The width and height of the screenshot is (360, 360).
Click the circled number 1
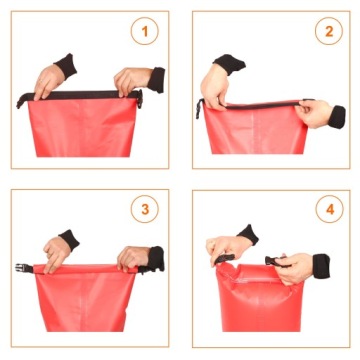pos(146,31)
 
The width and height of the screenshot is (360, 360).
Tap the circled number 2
pos(327,31)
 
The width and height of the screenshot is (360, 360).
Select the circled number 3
pos(146,211)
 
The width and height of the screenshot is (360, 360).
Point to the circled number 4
pos(327,211)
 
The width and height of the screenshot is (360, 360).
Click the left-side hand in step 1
pos(48,81)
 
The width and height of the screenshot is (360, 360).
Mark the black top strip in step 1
pos(85,96)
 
